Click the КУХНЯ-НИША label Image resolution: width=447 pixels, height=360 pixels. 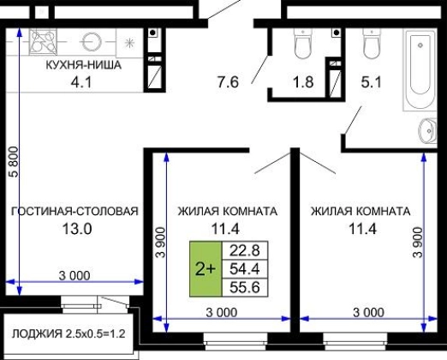[84, 65]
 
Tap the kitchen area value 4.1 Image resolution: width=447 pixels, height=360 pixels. [81, 82]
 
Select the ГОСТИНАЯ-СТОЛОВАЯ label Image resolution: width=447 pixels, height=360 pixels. [74, 211]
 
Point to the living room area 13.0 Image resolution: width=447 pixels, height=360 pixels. [77, 229]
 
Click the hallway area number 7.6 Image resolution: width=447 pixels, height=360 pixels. [228, 82]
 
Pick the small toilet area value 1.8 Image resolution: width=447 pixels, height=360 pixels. [303, 82]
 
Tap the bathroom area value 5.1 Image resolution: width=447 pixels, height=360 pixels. [372, 82]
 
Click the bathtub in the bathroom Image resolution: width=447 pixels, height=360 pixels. [420, 69]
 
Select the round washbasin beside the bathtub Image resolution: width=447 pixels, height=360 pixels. [427, 130]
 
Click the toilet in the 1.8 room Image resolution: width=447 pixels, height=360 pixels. [303, 44]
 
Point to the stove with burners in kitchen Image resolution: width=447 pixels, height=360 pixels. [43, 41]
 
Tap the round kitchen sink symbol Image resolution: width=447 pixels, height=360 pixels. [92, 42]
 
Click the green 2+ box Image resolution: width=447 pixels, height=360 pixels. [206, 269]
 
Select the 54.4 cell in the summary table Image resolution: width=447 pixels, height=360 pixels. [245, 269]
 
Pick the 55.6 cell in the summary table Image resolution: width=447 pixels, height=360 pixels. [245, 287]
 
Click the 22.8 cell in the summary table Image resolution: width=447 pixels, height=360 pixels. [245, 250]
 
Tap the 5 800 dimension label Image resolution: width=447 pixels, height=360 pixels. [14, 162]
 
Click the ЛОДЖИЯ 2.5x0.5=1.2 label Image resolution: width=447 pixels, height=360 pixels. [69, 333]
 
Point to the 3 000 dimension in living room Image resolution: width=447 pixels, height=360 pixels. [74, 276]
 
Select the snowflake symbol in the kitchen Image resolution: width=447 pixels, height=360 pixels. [129, 43]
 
